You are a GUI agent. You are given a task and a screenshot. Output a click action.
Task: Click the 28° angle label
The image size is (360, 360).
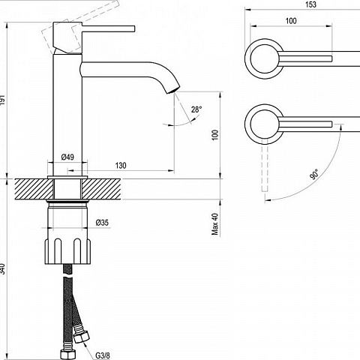196,109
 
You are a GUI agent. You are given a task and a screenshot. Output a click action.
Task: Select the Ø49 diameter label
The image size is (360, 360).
67,157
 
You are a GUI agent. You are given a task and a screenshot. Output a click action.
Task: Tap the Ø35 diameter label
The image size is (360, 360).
102,223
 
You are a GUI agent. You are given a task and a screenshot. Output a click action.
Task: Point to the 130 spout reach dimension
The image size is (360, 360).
121,166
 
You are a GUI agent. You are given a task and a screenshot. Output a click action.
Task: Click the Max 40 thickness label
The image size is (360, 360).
215,224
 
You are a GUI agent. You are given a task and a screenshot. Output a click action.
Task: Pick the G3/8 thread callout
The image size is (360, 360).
103,355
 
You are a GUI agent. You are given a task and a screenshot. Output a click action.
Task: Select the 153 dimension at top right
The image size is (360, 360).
310,4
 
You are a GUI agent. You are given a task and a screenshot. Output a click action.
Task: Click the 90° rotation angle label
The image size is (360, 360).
314,174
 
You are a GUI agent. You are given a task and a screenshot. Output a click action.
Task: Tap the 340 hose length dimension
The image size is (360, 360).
2,268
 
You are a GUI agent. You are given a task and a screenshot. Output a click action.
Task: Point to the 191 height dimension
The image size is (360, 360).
2,100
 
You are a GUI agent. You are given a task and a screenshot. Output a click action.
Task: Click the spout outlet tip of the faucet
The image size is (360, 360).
173,89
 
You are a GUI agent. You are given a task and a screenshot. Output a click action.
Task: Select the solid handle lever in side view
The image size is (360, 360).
109,28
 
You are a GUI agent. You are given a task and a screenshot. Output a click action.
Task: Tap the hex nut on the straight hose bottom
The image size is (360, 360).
67,354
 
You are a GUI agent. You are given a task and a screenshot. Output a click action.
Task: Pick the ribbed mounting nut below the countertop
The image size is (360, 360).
67,251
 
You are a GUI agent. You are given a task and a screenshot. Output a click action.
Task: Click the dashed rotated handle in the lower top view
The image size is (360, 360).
265,165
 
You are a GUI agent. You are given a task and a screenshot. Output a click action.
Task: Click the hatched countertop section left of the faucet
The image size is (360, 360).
34,189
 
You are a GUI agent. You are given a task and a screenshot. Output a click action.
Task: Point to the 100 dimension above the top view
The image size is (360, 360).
291,21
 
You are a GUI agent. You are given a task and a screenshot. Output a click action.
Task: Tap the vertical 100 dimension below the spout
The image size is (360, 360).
215,135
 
